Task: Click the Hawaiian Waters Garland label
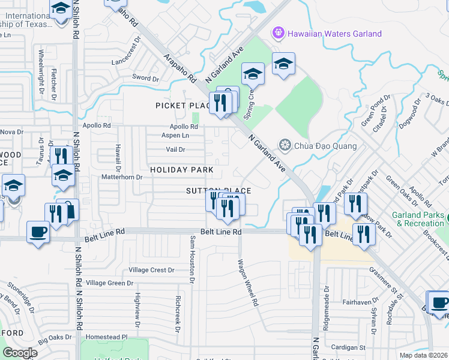click(334, 34)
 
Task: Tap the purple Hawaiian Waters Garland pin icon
click(278, 32)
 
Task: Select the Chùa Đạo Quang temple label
click(326, 146)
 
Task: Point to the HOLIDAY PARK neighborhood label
click(181, 170)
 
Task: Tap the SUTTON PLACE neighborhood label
click(218, 191)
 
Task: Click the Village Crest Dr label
click(151, 270)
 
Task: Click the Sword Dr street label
click(145, 78)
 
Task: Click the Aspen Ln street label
click(176, 136)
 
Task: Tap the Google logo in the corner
click(20, 352)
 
